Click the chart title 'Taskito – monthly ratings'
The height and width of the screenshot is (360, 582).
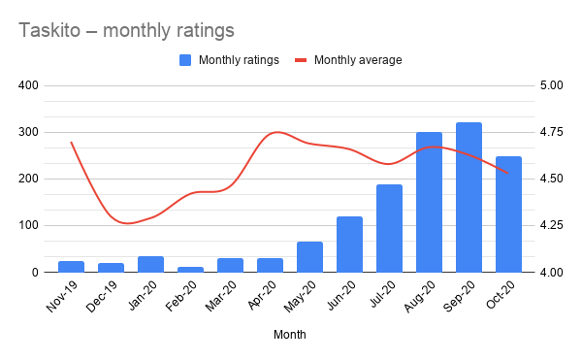126,30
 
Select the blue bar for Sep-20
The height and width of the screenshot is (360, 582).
469,197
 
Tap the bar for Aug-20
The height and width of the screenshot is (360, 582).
429,202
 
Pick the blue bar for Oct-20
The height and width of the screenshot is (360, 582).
508,214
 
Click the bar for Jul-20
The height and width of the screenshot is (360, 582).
389,228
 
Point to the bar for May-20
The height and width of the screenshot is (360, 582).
309,257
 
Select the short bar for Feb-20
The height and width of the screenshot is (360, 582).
190,269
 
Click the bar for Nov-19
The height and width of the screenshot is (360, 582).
71,267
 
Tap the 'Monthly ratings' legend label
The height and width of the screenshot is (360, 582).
239,60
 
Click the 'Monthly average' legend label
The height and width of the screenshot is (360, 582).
357,60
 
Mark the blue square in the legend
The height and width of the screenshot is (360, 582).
185,60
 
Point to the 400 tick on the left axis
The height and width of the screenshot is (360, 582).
54,85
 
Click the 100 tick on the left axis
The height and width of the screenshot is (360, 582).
54,226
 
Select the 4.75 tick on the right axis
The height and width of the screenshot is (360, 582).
550,132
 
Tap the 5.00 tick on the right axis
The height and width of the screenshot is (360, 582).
550,85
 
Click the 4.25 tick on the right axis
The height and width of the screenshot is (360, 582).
550,226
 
